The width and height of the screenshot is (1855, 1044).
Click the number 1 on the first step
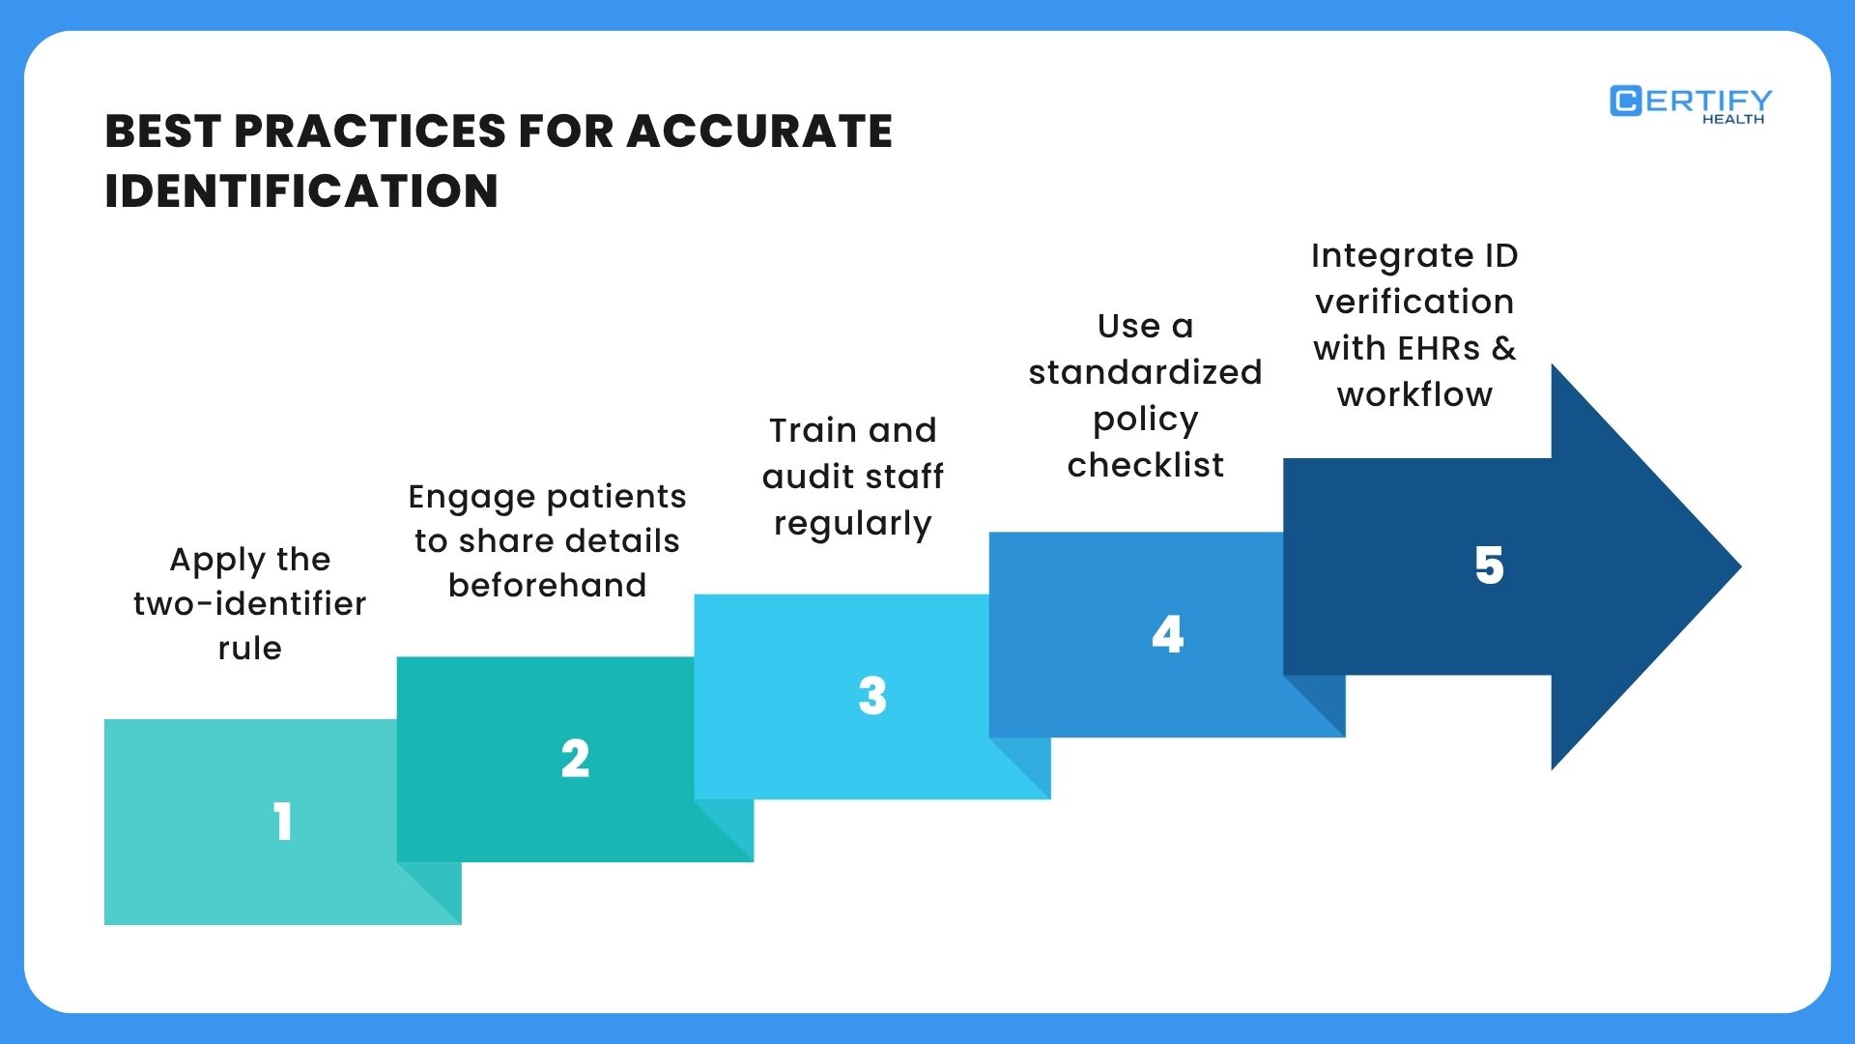point(282,822)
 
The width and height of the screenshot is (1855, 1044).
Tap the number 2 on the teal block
point(575,759)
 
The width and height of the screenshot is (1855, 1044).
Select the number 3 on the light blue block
point(871,696)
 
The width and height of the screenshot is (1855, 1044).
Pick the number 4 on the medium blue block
point(1167,635)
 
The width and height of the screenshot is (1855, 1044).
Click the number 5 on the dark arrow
point(1489,565)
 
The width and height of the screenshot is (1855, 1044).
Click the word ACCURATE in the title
point(759,131)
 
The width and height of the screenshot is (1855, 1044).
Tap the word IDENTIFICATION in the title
point(301,190)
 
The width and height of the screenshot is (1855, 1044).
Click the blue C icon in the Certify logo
point(1625,101)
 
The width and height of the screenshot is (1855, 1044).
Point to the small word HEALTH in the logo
point(1732,120)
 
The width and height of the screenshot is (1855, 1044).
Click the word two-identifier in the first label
point(249,604)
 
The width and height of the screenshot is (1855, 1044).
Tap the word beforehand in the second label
point(547,586)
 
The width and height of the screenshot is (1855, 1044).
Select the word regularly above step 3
point(852,524)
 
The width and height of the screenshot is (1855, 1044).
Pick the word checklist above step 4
point(1145,466)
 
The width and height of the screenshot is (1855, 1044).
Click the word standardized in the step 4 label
point(1145,372)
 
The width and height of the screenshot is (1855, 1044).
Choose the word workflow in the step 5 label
point(1414,395)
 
